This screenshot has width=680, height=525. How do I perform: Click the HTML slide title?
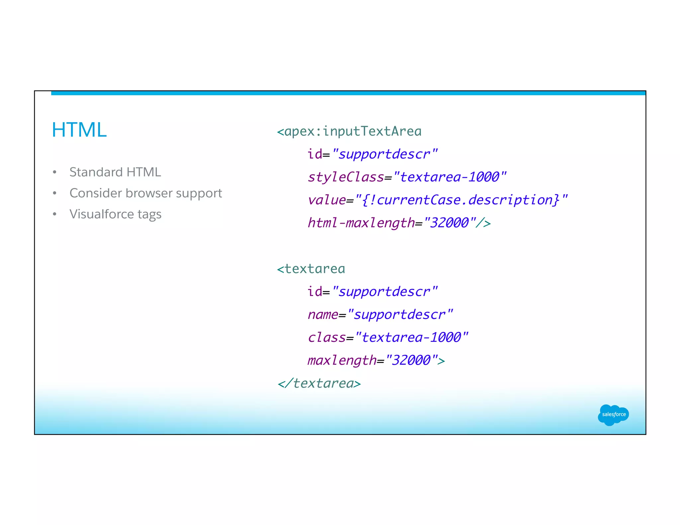coord(79,130)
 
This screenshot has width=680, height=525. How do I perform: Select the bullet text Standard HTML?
coord(115,172)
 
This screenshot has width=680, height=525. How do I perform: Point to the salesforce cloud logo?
coord(613,414)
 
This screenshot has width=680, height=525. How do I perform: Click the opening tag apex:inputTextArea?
coord(349,131)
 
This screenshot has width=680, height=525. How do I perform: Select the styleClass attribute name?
coord(345,177)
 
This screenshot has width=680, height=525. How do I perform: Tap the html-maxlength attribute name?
coord(361,223)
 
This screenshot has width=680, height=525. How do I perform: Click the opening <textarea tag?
coord(311,269)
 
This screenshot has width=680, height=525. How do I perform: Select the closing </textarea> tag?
coord(319,383)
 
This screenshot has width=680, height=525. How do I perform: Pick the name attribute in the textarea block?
coord(322,315)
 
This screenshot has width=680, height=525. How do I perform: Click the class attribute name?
coord(326,337)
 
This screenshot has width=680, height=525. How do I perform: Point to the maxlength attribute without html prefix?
coord(342,360)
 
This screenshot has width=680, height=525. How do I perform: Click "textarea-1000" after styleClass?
coord(450,177)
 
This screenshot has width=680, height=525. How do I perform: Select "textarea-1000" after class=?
coord(411,337)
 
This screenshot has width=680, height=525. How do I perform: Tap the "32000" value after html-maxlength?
coord(450,223)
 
